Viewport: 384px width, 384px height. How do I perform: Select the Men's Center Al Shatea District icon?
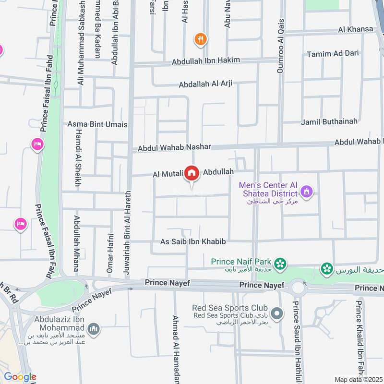(307, 193)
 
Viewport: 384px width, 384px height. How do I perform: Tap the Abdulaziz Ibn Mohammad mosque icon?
(95, 328)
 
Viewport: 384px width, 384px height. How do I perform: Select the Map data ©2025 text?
(357, 379)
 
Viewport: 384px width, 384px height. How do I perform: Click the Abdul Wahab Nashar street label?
(174, 148)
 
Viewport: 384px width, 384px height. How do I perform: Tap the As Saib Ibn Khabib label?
(193, 242)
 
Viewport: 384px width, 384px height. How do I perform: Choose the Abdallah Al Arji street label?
(205, 84)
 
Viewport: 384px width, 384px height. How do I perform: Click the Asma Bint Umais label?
(97, 124)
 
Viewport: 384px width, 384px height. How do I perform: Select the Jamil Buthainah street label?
(329, 121)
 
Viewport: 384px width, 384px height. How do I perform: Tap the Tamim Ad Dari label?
(333, 53)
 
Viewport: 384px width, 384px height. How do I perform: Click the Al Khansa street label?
(356, 29)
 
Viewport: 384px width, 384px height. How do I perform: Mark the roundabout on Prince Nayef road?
(298, 288)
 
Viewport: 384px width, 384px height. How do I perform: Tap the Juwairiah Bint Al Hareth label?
(127, 235)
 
